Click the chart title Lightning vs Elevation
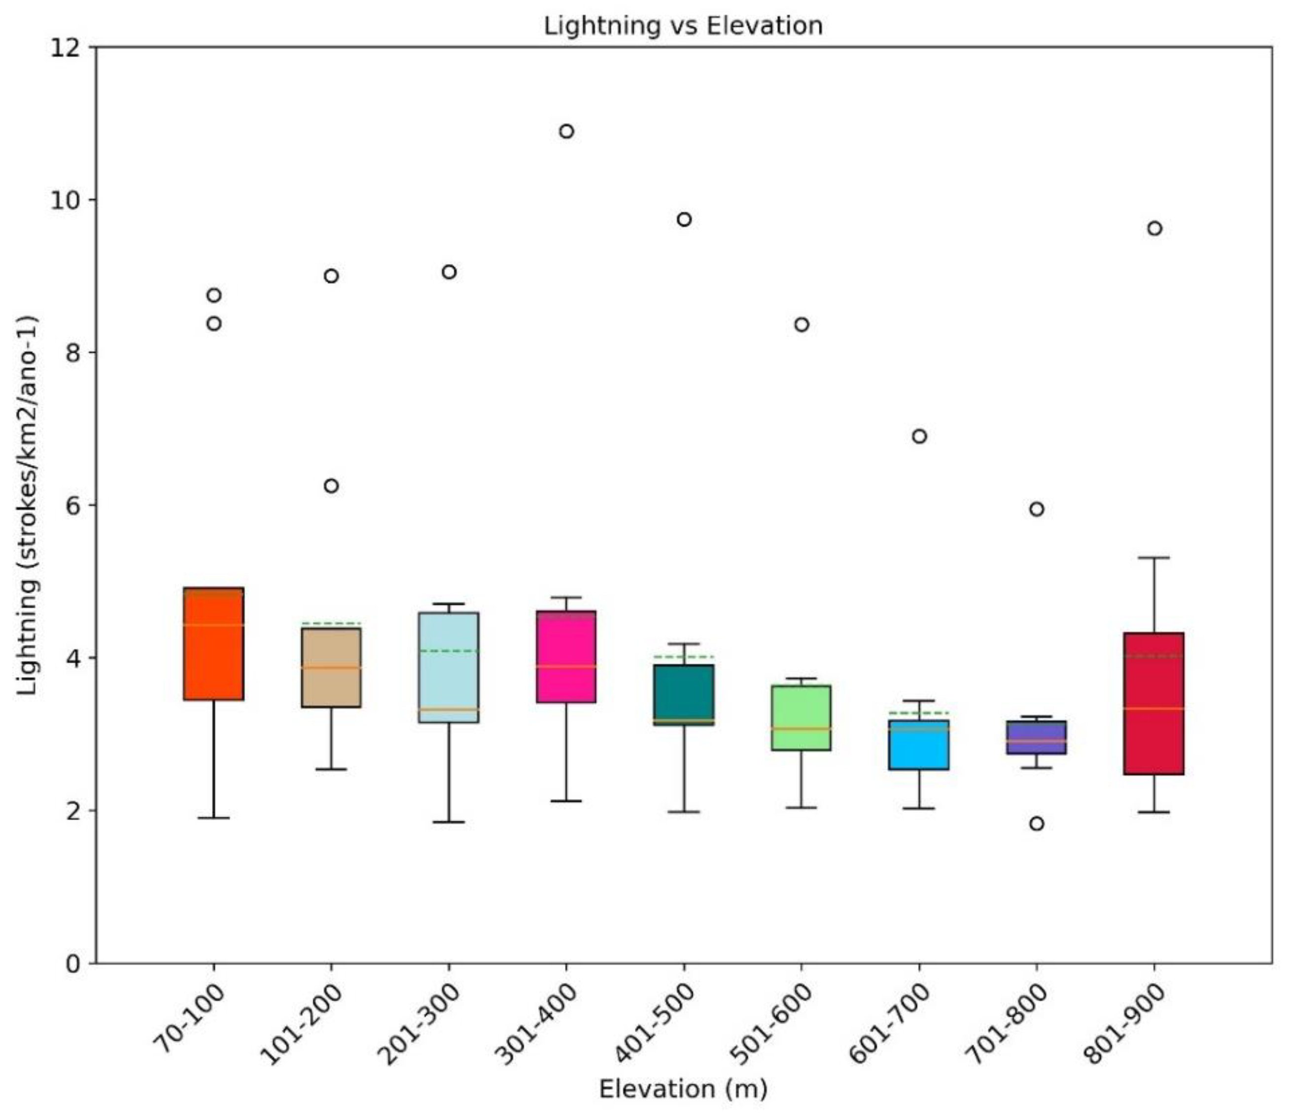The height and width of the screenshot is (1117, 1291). click(683, 26)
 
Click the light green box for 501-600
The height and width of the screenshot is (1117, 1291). click(801, 718)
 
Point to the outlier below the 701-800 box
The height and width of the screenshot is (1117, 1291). click(1037, 824)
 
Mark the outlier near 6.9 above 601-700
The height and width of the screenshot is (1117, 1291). click(919, 436)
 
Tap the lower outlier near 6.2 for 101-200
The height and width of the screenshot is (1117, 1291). click(331, 486)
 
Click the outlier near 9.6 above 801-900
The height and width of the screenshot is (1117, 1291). click(1154, 229)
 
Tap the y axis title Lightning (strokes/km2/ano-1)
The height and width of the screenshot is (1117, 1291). click(28, 505)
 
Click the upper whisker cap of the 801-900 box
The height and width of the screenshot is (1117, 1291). click(1154, 558)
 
